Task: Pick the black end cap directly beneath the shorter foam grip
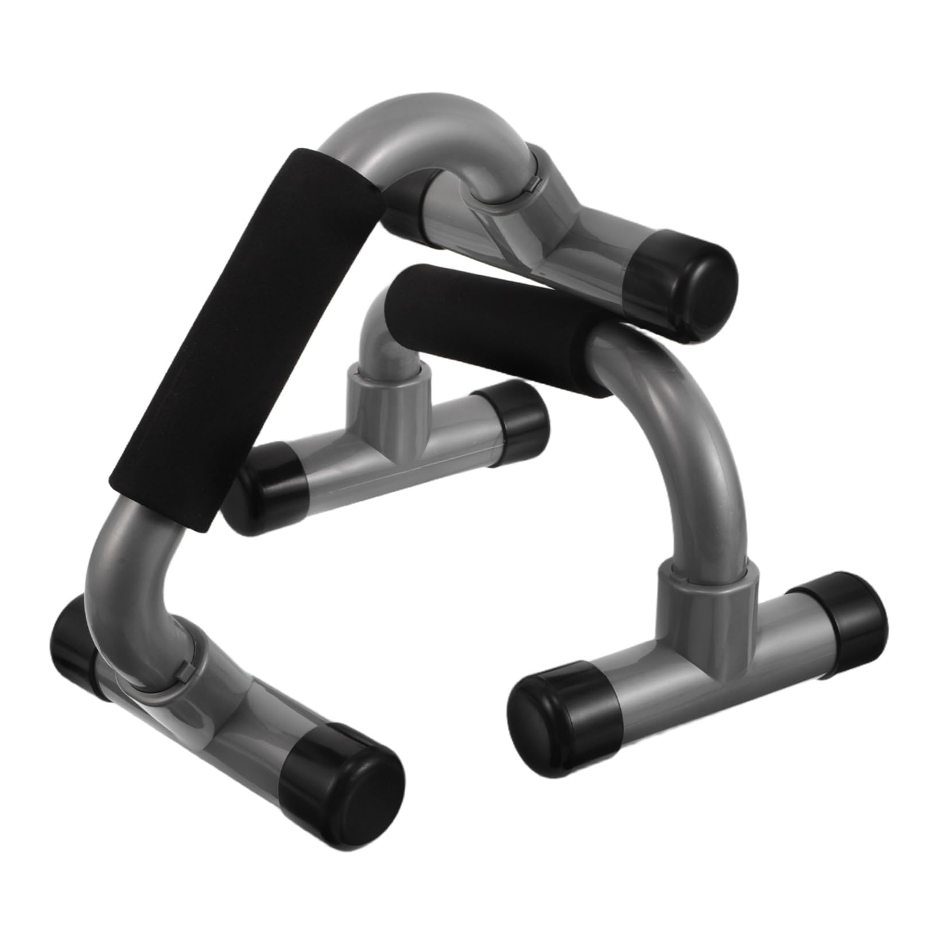511,413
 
